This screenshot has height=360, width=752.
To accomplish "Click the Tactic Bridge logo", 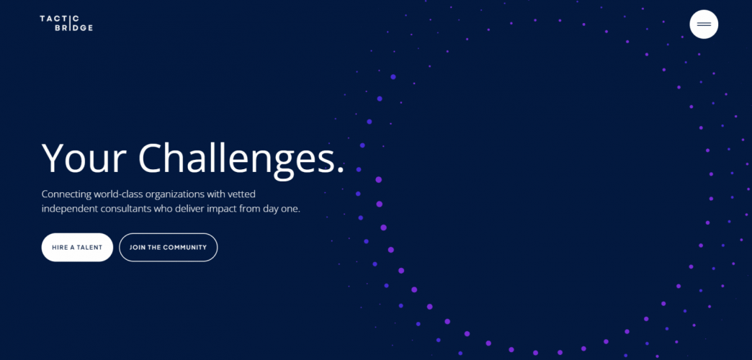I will (x=66, y=23).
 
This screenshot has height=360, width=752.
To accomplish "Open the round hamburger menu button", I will (x=704, y=24).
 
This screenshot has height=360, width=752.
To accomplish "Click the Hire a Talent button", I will (x=77, y=247).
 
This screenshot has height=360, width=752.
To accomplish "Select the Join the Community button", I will (x=168, y=247).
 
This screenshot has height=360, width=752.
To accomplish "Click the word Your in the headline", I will (x=83, y=158).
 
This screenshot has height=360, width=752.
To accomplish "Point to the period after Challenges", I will (x=340, y=170).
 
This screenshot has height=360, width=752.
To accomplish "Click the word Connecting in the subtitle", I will (x=67, y=194).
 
